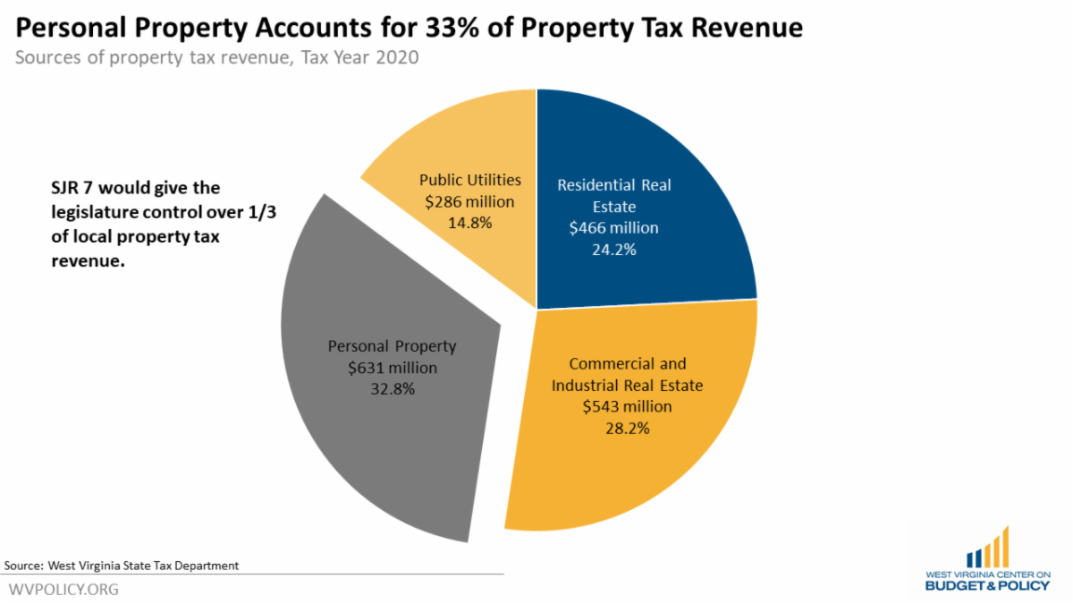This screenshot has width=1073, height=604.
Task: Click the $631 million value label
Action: (392, 368)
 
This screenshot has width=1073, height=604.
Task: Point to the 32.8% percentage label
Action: (392, 389)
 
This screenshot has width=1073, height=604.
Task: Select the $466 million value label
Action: (613, 228)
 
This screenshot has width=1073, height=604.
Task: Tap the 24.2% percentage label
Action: (613, 250)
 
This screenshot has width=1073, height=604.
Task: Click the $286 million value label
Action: (470, 201)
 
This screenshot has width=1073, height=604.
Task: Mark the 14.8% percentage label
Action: (470, 223)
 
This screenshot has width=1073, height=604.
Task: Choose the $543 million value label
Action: (627, 406)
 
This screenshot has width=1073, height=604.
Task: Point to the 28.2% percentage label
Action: (627, 428)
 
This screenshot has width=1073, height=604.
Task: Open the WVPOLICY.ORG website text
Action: (63, 590)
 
